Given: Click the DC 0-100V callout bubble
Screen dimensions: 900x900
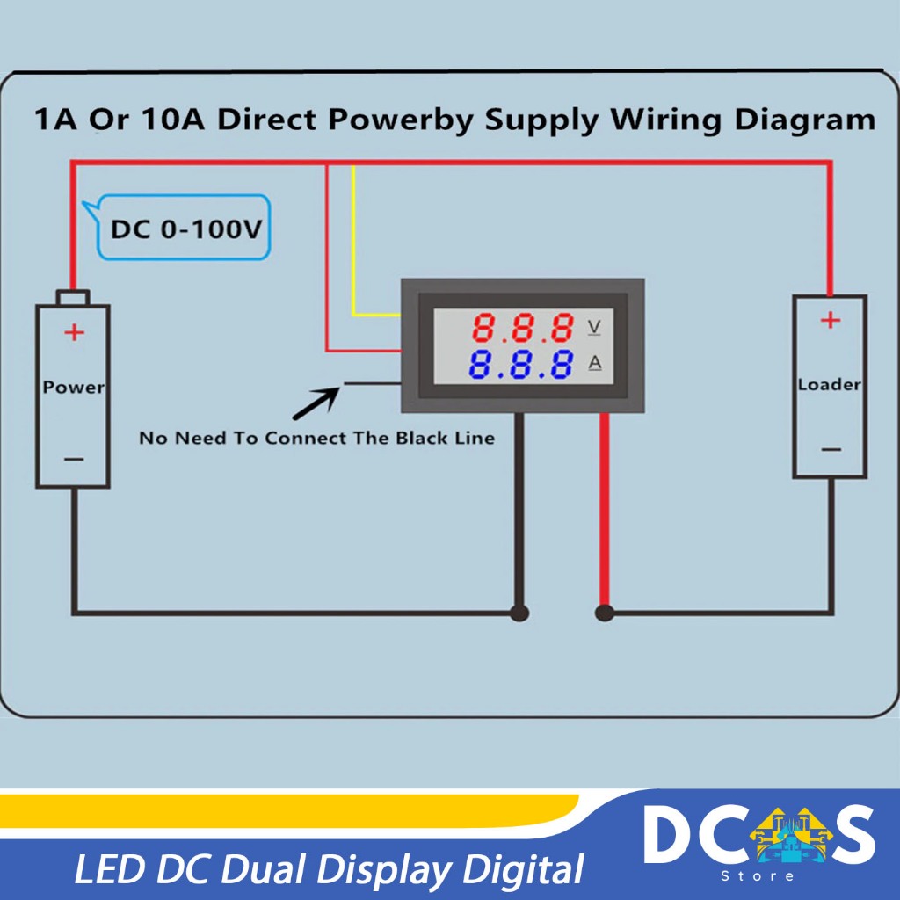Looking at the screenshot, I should pyautogui.click(x=185, y=229).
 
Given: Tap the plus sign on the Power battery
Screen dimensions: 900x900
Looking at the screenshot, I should pyautogui.click(x=75, y=332).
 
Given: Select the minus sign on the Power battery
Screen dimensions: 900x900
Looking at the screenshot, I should pyautogui.click(x=75, y=459).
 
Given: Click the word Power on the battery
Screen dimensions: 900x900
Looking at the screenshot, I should pyautogui.click(x=74, y=387).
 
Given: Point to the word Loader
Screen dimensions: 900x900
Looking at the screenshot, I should pyautogui.click(x=829, y=384).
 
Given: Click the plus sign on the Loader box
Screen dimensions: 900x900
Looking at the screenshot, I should pyautogui.click(x=830, y=321).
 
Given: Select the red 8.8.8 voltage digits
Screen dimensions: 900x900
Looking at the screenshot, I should pyautogui.click(x=523, y=329).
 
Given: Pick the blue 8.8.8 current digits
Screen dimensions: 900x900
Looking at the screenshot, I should pyautogui.click(x=523, y=364).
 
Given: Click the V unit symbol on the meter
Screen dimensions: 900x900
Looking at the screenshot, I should pyautogui.click(x=594, y=328).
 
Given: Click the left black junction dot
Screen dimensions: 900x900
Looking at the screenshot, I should pyautogui.click(x=519, y=613).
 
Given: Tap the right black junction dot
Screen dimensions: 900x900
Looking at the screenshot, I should pyautogui.click(x=604, y=613).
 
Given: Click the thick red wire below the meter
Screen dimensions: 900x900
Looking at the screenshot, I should pyautogui.click(x=605, y=510).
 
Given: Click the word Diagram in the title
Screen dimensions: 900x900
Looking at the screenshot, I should pyautogui.click(x=808, y=119).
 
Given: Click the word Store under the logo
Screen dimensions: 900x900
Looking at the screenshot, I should pyautogui.click(x=758, y=875).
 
